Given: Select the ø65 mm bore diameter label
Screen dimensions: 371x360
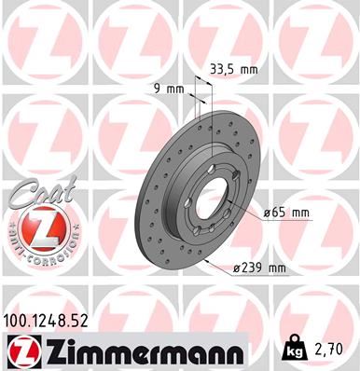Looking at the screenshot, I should pos(286,213).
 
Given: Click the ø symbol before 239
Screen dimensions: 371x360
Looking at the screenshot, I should pos(238,268).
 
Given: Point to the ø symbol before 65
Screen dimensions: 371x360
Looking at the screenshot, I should pos(267,213).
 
